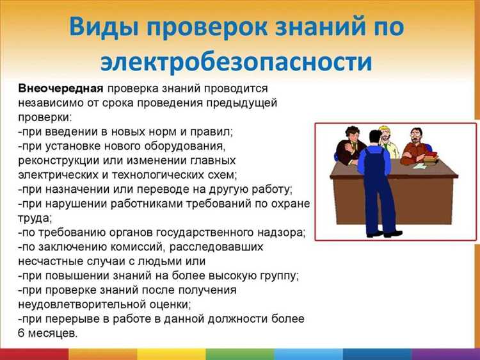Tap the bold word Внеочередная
(61, 88)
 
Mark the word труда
(33, 218)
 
